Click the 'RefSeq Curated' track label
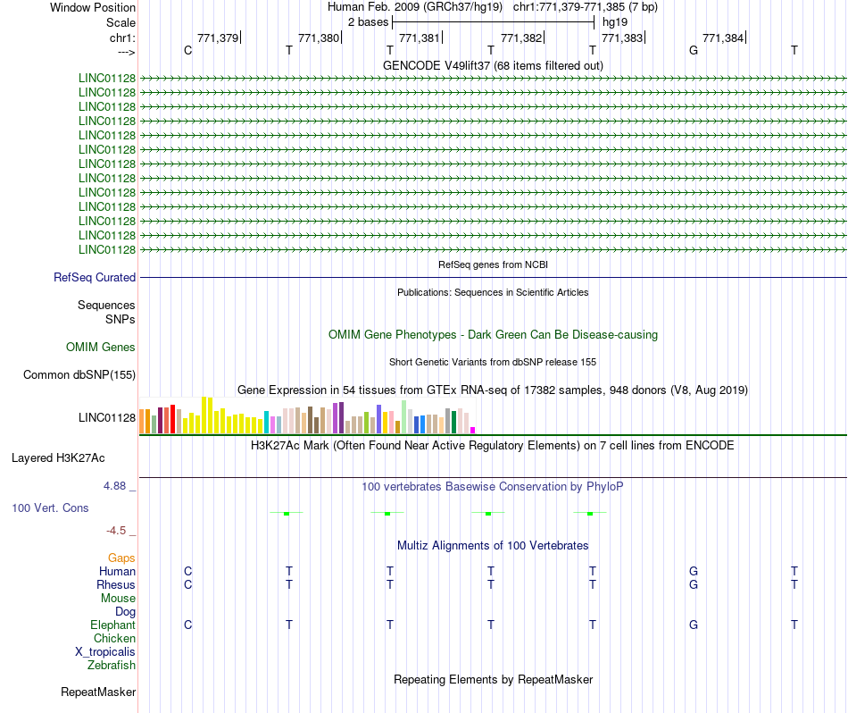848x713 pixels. click(95, 278)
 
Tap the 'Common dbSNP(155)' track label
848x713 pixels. click(79, 375)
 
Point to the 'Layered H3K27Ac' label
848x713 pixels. click(58, 458)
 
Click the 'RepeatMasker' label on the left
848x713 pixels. click(98, 692)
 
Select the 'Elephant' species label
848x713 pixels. click(112, 625)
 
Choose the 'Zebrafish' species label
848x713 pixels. click(112, 666)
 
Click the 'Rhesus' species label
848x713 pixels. click(116, 585)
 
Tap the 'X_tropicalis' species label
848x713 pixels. click(105, 652)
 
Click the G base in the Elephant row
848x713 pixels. click(693, 625)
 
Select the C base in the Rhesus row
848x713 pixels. click(187, 585)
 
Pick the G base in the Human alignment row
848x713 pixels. click(693, 572)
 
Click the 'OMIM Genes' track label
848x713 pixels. click(101, 348)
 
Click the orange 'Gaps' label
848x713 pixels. click(121, 558)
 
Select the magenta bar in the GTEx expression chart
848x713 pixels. click(473, 431)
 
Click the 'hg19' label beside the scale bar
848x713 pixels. click(615, 21)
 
